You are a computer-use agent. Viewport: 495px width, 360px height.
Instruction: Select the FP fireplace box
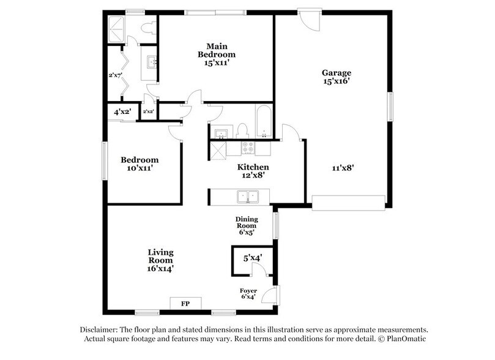pyautogui.click(x=184, y=302)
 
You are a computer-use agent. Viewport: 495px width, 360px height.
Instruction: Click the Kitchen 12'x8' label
pyautogui.click(x=253, y=171)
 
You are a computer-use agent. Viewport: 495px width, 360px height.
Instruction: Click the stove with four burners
pyautogui.click(x=248, y=148)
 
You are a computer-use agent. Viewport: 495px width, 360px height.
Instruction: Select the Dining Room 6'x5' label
pyautogui.click(x=247, y=225)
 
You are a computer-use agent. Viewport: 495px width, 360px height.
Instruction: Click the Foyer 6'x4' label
pyautogui.click(x=248, y=294)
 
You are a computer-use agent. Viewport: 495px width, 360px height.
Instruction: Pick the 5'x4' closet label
pyautogui.click(x=252, y=258)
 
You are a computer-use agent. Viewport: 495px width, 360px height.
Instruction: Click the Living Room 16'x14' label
pyautogui.click(x=161, y=260)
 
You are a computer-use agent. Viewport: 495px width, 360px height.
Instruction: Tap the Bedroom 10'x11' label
pyautogui.click(x=139, y=163)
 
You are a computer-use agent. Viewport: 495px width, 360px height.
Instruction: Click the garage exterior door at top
pyautogui.click(x=309, y=18)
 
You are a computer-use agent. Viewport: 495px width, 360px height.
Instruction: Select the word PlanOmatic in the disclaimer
pyautogui.click(x=405, y=339)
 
